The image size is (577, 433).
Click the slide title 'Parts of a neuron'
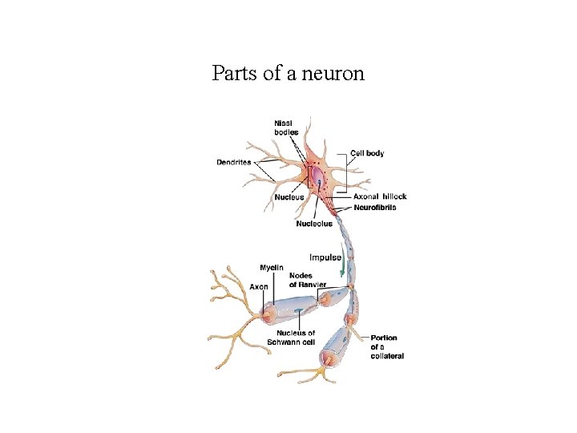pos(288,74)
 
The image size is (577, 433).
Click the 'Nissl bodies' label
pos(287,127)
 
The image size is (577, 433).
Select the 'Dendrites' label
pos(233,162)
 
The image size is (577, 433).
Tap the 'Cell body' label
pos(367,153)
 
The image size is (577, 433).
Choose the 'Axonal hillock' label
pos(380,196)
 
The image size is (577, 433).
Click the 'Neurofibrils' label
pos(374,208)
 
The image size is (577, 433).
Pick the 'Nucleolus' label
pos(314,224)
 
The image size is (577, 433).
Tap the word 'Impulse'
pos(325,257)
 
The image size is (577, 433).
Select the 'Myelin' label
pos(271,267)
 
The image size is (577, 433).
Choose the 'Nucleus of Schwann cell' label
pos(296,338)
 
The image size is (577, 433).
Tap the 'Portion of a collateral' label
pos(387,347)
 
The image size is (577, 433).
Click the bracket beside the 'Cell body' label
pos(345,170)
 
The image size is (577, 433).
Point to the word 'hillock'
pos(393,196)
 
